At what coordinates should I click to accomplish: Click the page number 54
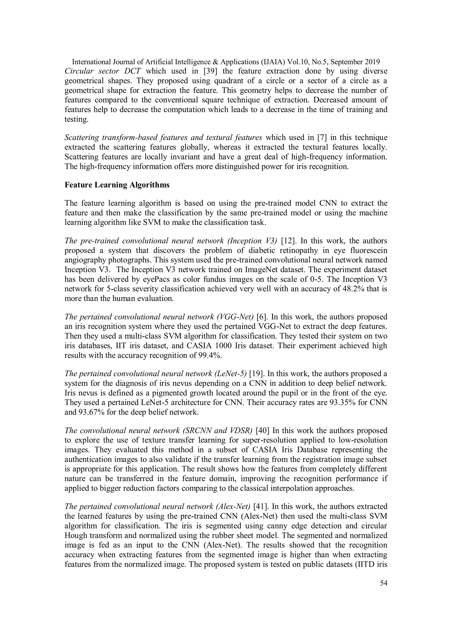tap(383, 583)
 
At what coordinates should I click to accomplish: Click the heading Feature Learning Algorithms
tap(117, 185)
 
